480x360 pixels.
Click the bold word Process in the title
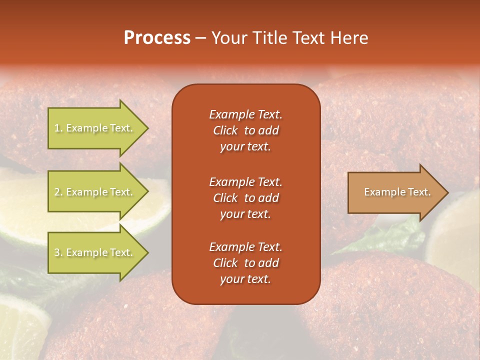(x=157, y=38)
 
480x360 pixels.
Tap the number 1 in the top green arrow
(x=57, y=128)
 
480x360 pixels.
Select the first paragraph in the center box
(x=245, y=130)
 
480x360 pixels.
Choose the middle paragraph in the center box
(x=245, y=198)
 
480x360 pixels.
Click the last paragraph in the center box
(x=245, y=263)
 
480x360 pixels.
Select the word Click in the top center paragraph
(x=225, y=130)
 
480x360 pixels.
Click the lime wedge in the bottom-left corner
(x=20, y=325)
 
